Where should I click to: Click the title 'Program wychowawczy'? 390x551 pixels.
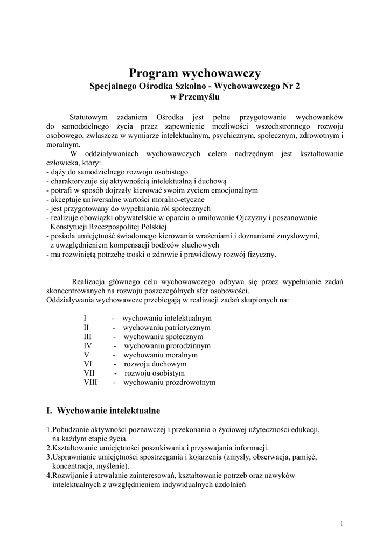tap(195, 73)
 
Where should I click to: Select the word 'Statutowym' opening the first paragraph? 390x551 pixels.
tap(89, 117)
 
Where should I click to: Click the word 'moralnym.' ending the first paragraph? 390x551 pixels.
tap(63, 145)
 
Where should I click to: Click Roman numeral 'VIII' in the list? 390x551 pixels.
tap(91, 383)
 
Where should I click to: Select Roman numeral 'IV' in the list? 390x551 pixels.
tap(88, 346)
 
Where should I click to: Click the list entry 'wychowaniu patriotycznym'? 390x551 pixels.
tap(166, 328)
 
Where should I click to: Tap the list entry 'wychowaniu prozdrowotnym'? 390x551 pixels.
tap(169, 383)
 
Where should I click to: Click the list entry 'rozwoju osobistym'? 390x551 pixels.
tap(155, 373)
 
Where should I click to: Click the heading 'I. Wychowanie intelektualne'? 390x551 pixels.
tap(103, 411)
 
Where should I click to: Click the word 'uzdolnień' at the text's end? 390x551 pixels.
tap(231, 484)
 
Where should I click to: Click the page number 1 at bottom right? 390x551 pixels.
tap(342, 524)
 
